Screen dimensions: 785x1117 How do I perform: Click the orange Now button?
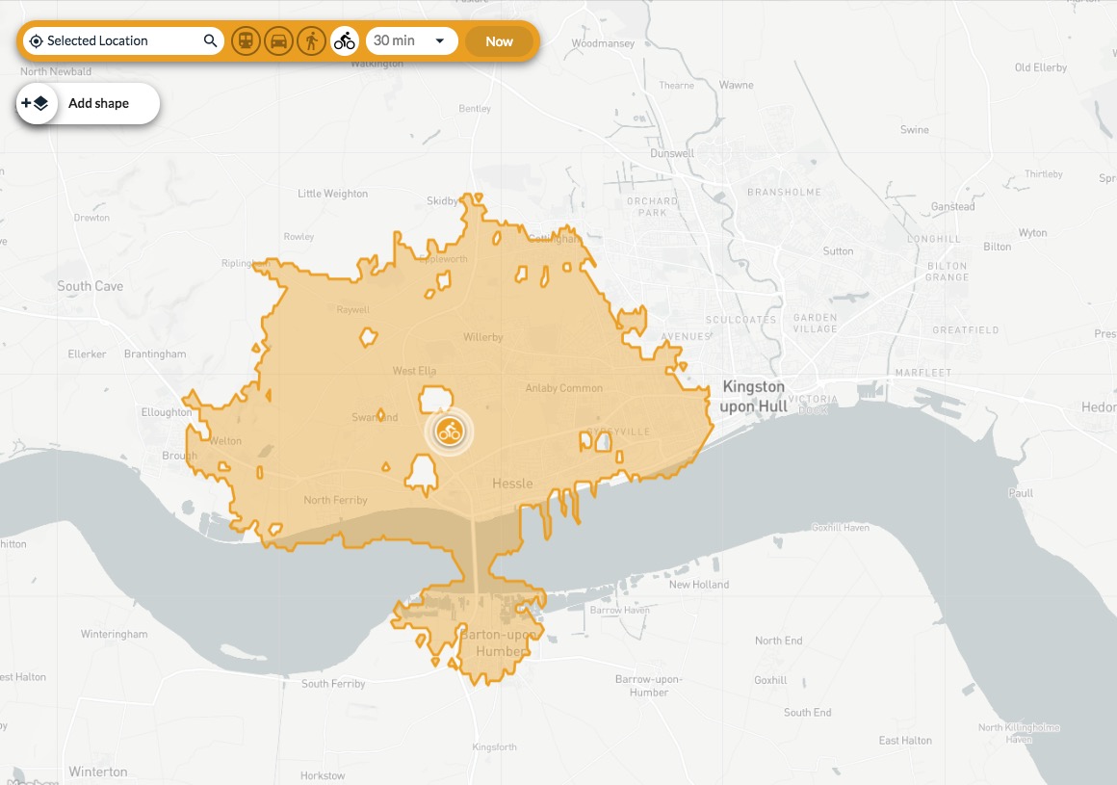499,41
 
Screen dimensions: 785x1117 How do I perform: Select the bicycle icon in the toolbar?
344,41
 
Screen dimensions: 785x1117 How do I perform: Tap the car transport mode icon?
278,41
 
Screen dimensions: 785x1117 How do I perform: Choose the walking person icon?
311,41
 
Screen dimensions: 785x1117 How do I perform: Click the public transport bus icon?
246,41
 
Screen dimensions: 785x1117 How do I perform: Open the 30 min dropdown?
411,41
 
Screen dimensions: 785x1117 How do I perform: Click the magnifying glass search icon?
210,41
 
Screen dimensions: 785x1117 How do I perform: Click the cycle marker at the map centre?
449,431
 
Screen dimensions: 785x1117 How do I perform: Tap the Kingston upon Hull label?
753,396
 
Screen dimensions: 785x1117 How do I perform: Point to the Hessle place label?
512,483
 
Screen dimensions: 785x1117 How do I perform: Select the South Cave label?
90,286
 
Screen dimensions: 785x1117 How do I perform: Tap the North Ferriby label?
336,500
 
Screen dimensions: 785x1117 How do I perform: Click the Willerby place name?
483,337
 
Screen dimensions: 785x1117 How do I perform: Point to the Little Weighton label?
332,194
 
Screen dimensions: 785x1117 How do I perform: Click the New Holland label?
699,585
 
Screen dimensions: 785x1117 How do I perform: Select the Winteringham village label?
115,634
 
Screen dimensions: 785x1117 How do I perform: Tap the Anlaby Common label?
563,388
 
